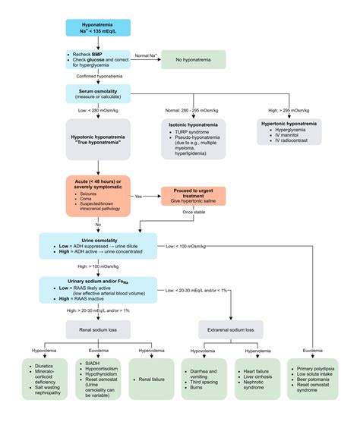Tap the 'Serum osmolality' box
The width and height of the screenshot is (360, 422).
pyautogui.click(x=98, y=95)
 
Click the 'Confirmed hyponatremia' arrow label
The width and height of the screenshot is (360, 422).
pyautogui.click(x=99, y=77)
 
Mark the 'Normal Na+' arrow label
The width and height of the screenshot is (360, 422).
pyautogui.click(x=146, y=55)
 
